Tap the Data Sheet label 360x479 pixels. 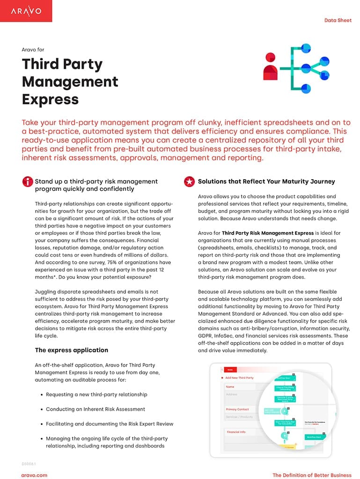(338, 21)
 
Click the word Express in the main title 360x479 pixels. (50, 99)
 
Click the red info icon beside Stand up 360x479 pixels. (27, 182)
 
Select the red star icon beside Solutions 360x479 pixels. (189, 182)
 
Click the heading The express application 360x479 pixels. (71, 350)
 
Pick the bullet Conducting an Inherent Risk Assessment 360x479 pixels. (96, 409)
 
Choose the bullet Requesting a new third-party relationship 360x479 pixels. (96, 394)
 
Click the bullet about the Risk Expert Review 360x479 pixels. (110, 424)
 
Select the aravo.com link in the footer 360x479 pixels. (34, 475)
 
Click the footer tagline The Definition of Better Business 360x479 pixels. (312, 475)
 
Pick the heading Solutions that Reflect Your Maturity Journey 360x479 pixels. (266, 181)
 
